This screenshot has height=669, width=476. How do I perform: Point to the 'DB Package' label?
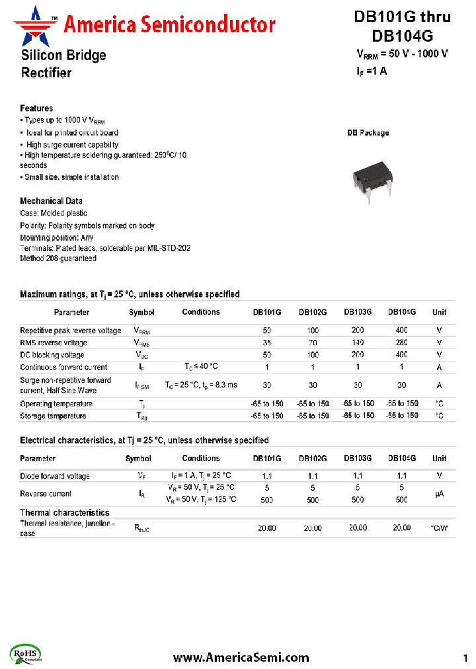pyautogui.click(x=368, y=133)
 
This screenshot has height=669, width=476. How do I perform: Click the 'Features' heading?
pyautogui.click(x=36, y=108)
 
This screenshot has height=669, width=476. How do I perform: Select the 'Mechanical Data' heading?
pyautogui.click(x=51, y=201)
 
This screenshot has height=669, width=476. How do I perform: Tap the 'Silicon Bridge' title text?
pyautogui.click(x=63, y=56)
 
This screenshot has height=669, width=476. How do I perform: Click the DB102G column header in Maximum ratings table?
pyautogui.click(x=313, y=312)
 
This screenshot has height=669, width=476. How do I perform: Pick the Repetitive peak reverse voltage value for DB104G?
pyautogui.click(x=401, y=331)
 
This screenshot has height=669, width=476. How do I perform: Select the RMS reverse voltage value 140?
pyautogui.click(x=358, y=343)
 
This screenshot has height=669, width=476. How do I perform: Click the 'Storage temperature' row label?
pyautogui.click(x=53, y=416)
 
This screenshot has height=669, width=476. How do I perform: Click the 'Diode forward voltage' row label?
pyautogui.click(x=55, y=476)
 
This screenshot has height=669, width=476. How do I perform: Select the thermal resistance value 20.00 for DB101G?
pyautogui.click(x=267, y=528)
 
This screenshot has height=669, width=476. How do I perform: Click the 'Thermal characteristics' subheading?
pyautogui.click(x=65, y=512)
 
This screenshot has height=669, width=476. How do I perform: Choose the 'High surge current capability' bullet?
pyautogui.click(x=71, y=145)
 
